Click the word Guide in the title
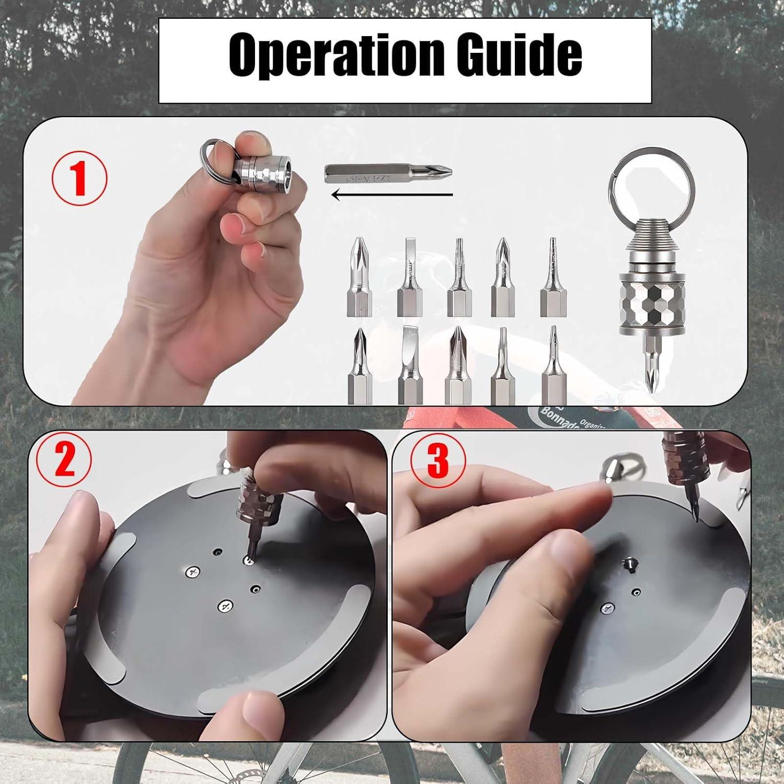[x=523, y=54]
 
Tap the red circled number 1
[x=79, y=178]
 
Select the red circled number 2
[x=64, y=461]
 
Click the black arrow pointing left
[x=392, y=195]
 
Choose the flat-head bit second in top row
[x=409, y=277]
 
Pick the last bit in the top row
[x=554, y=277]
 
